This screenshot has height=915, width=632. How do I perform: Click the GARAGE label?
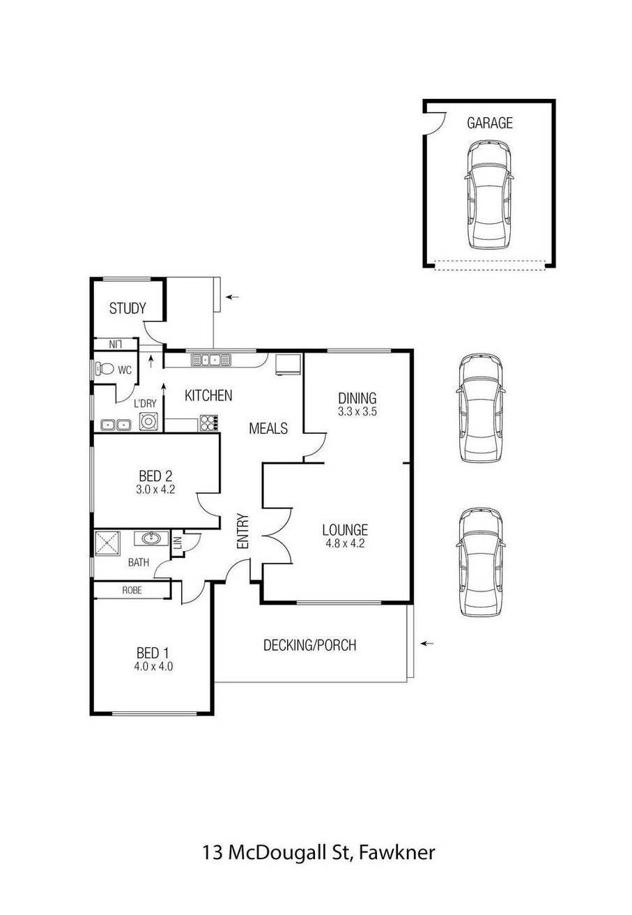pos(489,123)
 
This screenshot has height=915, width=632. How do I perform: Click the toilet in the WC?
pos(107,370)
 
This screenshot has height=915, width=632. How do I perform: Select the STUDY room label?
pos(128,308)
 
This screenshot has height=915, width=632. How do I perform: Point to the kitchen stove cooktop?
pos(210,422)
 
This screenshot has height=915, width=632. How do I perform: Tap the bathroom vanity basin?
pos(150,538)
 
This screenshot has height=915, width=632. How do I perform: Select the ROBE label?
pos(132,590)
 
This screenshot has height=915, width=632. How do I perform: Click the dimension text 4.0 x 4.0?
pos(154,666)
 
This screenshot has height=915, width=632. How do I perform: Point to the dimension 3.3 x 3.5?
pos(357,411)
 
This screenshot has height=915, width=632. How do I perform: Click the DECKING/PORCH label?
pos(309,645)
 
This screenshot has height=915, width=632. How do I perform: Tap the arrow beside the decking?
pos(427,644)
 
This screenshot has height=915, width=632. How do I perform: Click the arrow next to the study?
pos(232,297)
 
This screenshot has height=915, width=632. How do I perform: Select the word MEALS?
pos(268,429)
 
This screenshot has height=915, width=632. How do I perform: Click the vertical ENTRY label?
pos(242,531)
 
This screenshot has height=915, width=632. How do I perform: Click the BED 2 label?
pos(155,477)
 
